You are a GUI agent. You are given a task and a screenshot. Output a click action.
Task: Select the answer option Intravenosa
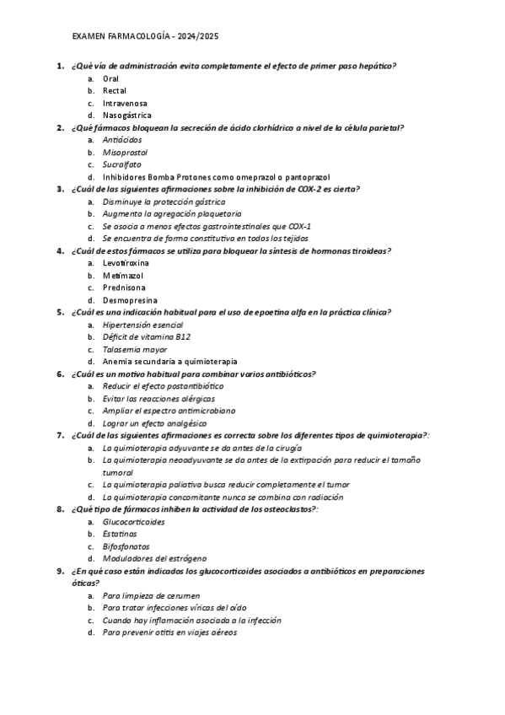coord(125,103)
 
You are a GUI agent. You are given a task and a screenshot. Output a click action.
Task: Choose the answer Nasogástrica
coord(127,115)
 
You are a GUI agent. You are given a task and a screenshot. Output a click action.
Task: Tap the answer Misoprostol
coord(125,153)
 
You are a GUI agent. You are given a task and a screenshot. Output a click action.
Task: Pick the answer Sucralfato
coord(122,165)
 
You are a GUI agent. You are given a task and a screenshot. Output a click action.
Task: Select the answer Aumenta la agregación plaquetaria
coord(159,214)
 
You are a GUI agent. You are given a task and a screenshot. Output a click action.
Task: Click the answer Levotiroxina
coord(126,263)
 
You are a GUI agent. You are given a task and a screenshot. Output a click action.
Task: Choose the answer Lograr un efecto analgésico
coord(154,422)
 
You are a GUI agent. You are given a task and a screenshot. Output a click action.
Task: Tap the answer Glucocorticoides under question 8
coord(133,521)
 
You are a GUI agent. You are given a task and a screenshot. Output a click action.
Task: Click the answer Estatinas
coord(120,534)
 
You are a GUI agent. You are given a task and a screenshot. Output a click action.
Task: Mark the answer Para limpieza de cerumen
coord(151,595)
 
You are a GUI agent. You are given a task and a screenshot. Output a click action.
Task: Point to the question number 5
coord(61,312)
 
